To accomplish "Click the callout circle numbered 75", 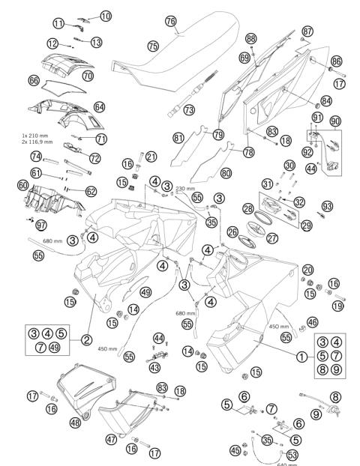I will point(153,46).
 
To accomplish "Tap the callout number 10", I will point(105,16).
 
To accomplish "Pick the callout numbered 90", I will point(335,121).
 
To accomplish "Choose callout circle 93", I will point(327,205).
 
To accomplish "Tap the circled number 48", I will point(75,423).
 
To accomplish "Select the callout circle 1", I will point(303,357).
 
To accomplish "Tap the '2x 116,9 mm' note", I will point(39,142).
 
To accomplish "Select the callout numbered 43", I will point(155,368).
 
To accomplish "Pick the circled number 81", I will point(178,138).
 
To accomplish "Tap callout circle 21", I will point(151,157).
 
